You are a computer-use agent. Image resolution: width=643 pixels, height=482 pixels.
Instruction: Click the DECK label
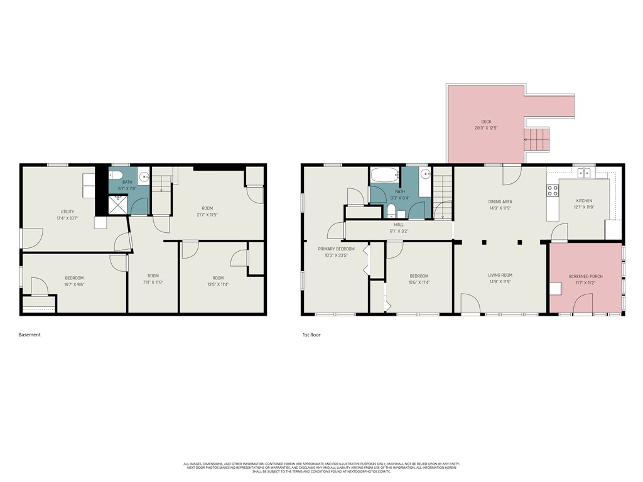coord(486,122)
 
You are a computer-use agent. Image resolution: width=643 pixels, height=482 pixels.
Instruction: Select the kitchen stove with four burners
coord(553,190)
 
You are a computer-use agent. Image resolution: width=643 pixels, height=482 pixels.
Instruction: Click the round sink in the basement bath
coord(143,176)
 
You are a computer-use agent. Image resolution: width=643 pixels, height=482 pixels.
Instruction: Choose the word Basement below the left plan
coord(30,335)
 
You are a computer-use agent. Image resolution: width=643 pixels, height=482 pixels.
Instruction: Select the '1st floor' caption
coord(311,335)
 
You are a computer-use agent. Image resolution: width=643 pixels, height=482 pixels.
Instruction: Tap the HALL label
coord(399,225)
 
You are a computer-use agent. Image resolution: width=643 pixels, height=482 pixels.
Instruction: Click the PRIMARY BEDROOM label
coord(337,249)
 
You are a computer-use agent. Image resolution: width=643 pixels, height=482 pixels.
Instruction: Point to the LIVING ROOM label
coord(500,275)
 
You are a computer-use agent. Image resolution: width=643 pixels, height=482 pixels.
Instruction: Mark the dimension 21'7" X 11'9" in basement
coord(207,215)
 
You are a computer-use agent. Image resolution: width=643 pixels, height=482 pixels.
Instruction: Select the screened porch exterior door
coord(583,305)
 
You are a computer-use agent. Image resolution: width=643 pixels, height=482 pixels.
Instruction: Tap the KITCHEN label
coord(584,201)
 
